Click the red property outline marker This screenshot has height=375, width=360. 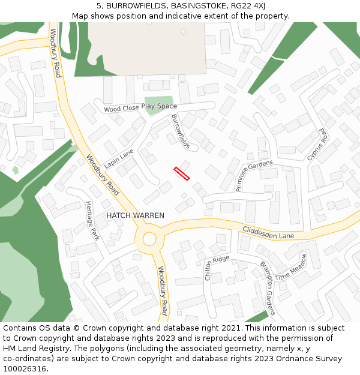tap(182, 173)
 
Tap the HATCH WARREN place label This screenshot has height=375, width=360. tap(135, 215)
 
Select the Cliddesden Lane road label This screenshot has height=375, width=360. tap(268, 232)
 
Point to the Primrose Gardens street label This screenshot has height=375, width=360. tap(254, 175)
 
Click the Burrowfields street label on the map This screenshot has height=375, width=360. tap(181, 131)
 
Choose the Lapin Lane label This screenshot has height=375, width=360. tap(119, 159)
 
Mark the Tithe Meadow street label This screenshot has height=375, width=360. tap(291, 266)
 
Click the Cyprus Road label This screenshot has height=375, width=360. tap(317, 145)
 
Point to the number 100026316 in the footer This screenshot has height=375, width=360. tap(25, 368)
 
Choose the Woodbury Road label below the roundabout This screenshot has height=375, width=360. tap(162, 290)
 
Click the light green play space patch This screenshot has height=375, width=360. tap(158, 104)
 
